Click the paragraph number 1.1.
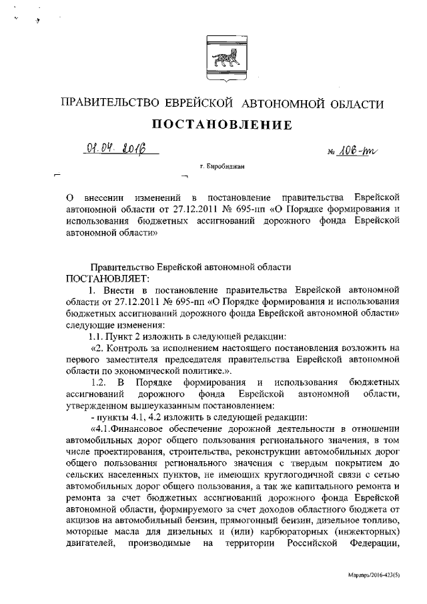(x=88, y=336)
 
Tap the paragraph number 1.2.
(x=97, y=382)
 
